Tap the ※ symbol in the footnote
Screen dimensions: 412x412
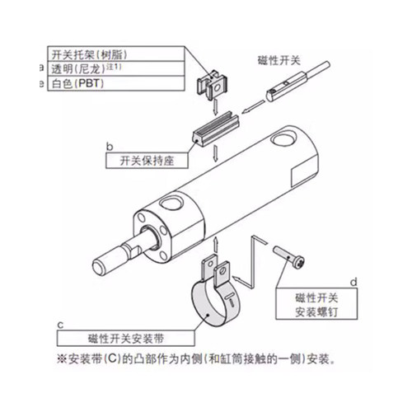[x=62, y=359]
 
